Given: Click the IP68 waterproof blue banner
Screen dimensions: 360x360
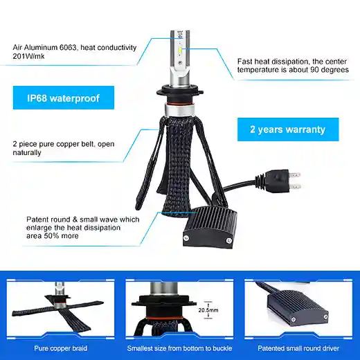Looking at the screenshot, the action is point(64,98).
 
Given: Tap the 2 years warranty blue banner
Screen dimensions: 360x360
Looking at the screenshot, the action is point(288,129).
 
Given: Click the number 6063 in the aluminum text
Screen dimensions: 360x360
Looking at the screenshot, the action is point(68,48).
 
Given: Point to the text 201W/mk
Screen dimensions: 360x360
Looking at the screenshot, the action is point(28,56).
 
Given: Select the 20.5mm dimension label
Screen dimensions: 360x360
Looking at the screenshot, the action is point(208,310).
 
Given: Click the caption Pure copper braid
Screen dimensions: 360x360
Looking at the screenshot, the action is point(61,348).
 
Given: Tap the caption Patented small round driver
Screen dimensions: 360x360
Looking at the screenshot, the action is point(298,348).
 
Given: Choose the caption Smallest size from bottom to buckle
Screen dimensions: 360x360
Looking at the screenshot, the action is point(179,348).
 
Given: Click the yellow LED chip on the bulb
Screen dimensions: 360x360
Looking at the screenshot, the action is point(181,50).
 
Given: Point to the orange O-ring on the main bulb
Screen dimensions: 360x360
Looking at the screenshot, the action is point(178,101).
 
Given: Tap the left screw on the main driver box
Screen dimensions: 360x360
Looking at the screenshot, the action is point(186,238).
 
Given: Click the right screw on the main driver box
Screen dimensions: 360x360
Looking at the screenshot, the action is point(229,241).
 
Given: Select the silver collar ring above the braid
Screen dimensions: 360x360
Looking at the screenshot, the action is point(179,109).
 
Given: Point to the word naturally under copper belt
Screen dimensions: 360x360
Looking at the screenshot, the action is point(27,152).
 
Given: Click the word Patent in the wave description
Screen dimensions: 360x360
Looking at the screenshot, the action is point(36,219).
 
